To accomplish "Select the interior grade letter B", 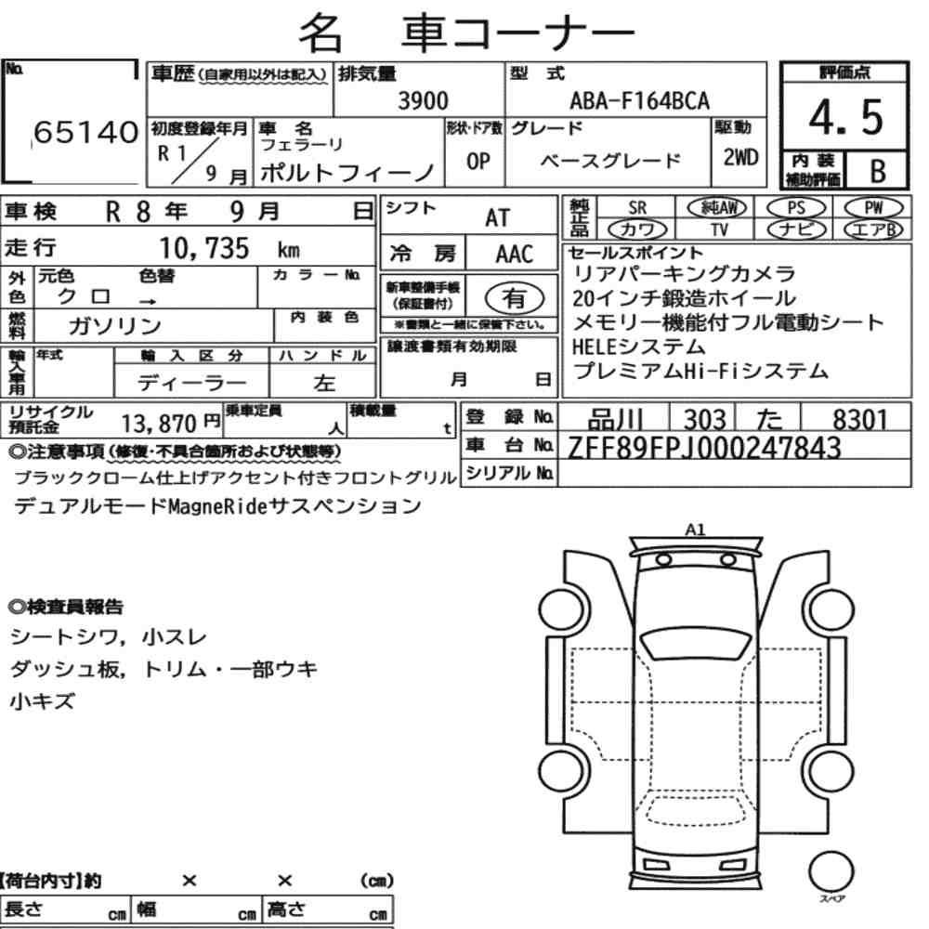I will coord(875,171).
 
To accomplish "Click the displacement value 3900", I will coord(423,101).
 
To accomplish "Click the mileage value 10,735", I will coord(207,249).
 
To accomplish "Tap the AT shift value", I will coord(498,217).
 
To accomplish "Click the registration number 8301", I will coord(858,420).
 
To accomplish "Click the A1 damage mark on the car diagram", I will coord(695,530).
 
